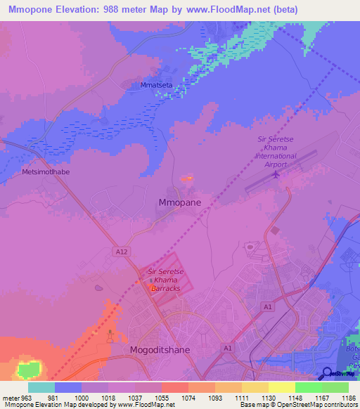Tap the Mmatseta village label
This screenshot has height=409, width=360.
pos(156,85)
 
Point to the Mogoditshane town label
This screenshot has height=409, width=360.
pos(160,349)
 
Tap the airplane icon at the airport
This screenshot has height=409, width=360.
pos(276,173)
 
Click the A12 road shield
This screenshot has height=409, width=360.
pos(120,251)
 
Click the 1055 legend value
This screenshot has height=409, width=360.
pos(161,398)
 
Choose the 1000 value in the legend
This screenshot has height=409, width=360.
pos(81,398)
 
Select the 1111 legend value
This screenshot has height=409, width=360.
pos(240,398)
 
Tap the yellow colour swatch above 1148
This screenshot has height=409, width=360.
pos(281,387)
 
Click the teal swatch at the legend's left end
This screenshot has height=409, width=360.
pos(41,387)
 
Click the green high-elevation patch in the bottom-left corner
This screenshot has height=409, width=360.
pos(28,370)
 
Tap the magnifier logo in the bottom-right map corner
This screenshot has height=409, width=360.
pos(327,373)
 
